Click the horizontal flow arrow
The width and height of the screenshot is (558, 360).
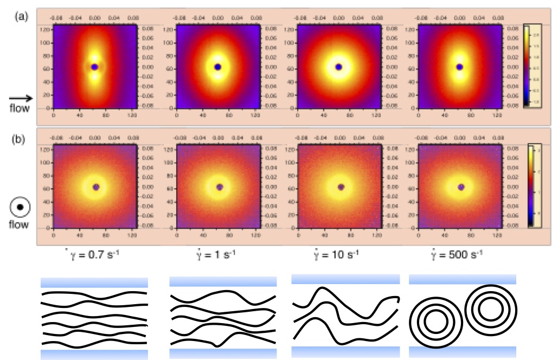pyautogui.click(x=21, y=98)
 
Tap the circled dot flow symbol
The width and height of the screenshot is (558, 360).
pyautogui.click(x=20, y=208)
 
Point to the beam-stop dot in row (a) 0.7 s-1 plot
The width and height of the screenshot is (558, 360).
pyautogui.click(x=94, y=67)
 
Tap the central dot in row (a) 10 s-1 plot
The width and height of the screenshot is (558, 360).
pyautogui.click(x=339, y=67)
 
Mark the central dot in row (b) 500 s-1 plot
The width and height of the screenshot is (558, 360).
pyautogui.click(x=461, y=187)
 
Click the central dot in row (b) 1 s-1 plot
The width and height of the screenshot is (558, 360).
pyautogui.click(x=220, y=187)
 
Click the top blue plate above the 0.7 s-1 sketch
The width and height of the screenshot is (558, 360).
pyautogui.click(x=94, y=282)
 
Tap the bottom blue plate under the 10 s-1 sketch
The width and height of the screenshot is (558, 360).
pyautogui.click(x=345, y=352)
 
